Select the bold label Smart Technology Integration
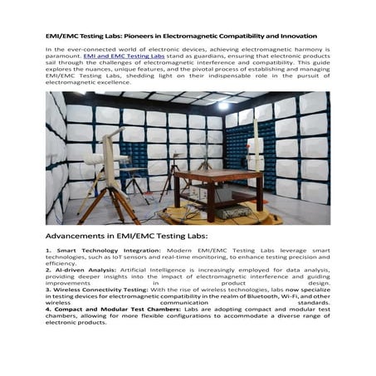91,250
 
